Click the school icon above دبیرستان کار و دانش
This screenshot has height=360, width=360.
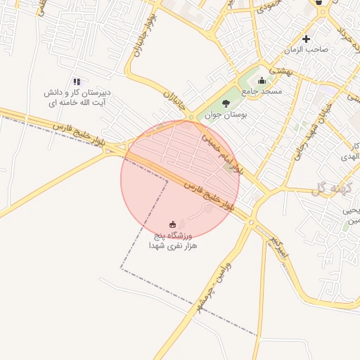click(x=77, y=82)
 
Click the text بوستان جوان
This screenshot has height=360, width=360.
click(x=223, y=114)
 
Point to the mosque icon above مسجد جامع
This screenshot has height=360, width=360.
click(x=262, y=80)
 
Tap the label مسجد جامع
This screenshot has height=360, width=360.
click(x=262, y=91)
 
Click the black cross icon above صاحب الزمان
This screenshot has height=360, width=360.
click(x=306, y=39)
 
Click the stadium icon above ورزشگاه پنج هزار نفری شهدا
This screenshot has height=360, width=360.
click(x=173, y=224)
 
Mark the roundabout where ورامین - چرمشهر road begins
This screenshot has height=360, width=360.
click(x=251, y=223)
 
